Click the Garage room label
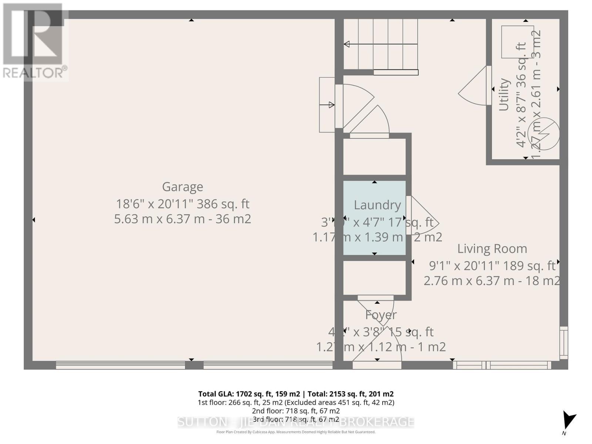coord(182,187)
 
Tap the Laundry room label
coord(377,205)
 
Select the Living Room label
coord(492,249)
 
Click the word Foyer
coord(381,315)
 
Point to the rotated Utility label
coord(504,95)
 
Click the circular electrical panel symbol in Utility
coord(543,134)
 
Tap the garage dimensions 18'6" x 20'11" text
coord(182,204)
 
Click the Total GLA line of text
coord(296,394)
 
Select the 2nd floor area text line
coord(296,411)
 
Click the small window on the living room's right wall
coord(563,343)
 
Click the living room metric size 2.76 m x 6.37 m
coord(491,281)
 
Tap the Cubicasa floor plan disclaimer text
coord(296,432)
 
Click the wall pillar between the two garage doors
coord(194,365)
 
